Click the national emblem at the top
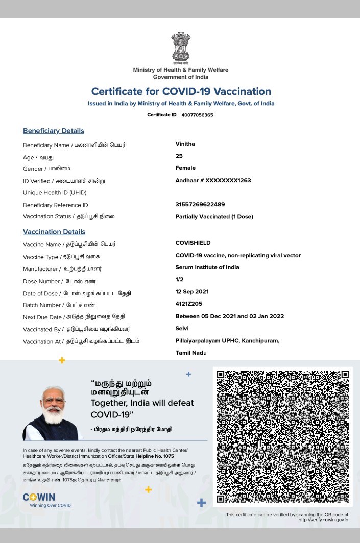pyautogui.click(x=180, y=47)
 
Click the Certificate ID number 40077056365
pyautogui.click(x=197, y=115)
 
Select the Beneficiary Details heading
pyautogui.click(x=53, y=131)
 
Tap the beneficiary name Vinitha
pyautogui.click(x=185, y=144)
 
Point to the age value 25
pyautogui.click(x=179, y=156)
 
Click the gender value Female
pyautogui.click(x=185, y=168)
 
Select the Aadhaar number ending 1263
pyautogui.click(x=213, y=180)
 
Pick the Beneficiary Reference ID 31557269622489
pyautogui.click(x=200, y=204)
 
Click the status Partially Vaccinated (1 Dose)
pyautogui.click(x=214, y=216)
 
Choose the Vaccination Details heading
pyautogui.click(x=54, y=232)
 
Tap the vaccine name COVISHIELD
pyautogui.click(x=193, y=243)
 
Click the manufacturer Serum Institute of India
pyautogui.click(x=207, y=267)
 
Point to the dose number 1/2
pyautogui.click(x=179, y=279)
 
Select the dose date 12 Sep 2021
pyautogui.click(x=191, y=292)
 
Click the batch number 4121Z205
pyautogui.click(x=188, y=304)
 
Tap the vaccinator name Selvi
pyautogui.click(x=182, y=329)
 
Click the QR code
pyautogui.click(x=282, y=437)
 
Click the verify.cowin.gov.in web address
pyautogui.click(x=323, y=520)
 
